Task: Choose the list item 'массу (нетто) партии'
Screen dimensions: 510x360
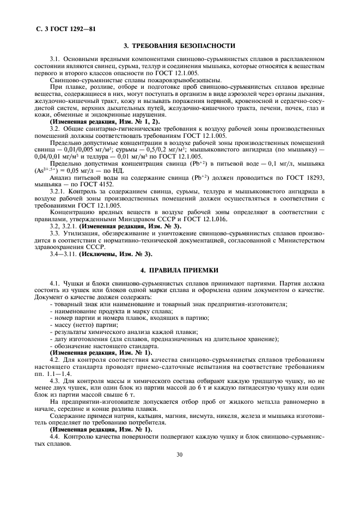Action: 82,325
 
